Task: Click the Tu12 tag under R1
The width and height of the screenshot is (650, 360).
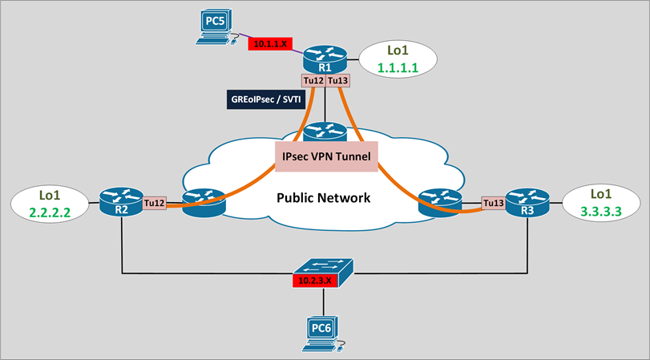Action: (x=313, y=81)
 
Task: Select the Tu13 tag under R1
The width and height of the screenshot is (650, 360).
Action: (x=337, y=81)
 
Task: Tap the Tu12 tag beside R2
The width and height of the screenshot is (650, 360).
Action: (x=155, y=204)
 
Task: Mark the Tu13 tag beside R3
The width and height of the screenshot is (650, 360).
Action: (x=494, y=204)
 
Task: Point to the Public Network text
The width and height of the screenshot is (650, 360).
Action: (x=324, y=197)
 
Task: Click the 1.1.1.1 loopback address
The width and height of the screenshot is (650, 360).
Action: (x=398, y=71)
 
